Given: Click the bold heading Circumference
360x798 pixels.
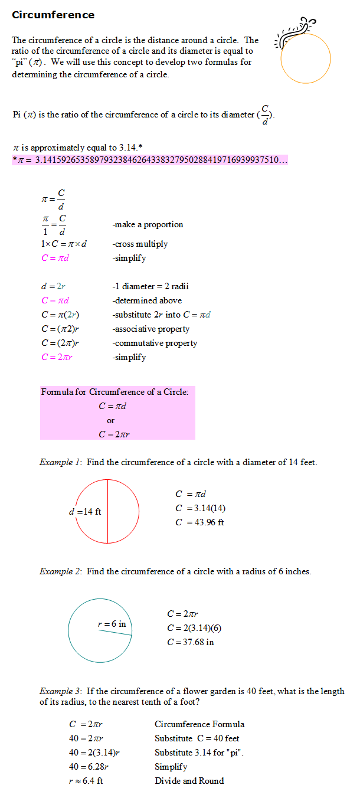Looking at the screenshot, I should coord(53,15).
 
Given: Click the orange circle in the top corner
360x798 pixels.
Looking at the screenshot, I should coord(305,59).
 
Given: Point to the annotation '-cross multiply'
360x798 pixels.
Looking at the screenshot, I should coord(140,244).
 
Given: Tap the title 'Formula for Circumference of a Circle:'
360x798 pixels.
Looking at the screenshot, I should coord(115,392).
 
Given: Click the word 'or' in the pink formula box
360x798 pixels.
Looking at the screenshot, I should coord(111,421).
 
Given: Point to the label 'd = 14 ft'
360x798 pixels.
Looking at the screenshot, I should coord(85,512).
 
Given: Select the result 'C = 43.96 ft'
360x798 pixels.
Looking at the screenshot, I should coord(199,522).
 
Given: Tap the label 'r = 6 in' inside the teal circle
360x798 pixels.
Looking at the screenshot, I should coord(112,624).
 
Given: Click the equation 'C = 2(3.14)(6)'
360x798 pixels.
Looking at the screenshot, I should coord(194,628).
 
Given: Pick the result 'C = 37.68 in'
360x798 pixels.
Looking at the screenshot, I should coord(190,642).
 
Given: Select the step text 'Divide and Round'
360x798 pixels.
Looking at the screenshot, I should coord(189,781).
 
